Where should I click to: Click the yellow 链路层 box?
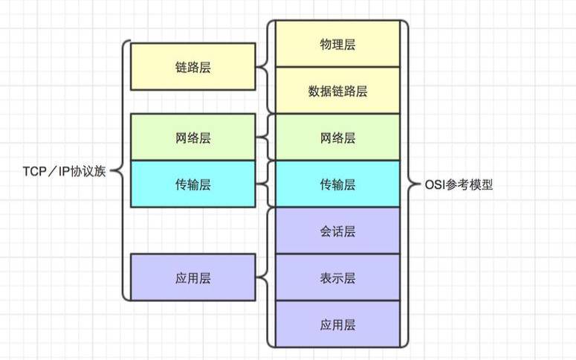point(192,67)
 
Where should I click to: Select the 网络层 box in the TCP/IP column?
point(192,138)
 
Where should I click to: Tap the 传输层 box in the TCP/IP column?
point(192,184)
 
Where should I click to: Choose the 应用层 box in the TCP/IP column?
point(192,277)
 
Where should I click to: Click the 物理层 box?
point(337,45)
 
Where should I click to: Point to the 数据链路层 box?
point(337,91)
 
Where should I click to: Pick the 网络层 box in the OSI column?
point(337,138)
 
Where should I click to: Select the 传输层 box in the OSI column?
point(337,184)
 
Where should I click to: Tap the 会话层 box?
point(337,231)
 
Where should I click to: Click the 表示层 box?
point(337,277)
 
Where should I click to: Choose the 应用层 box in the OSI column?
point(337,324)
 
